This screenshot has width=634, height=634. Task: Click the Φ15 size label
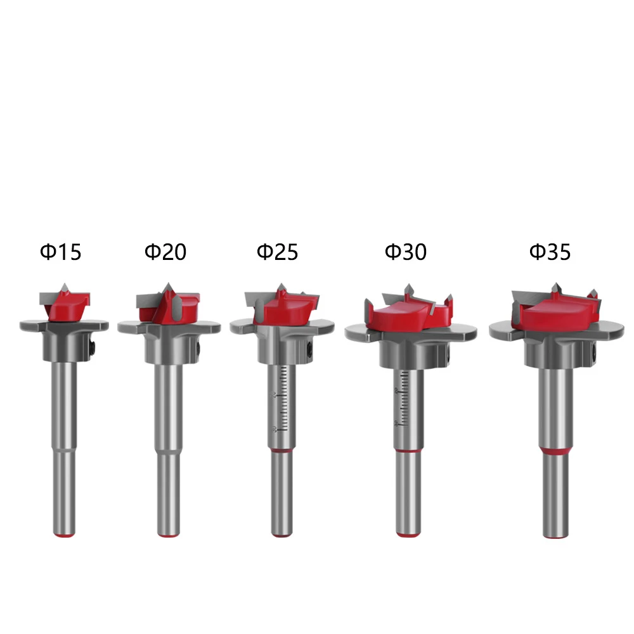click(x=61, y=252)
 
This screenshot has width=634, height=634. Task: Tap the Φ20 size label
click(x=165, y=252)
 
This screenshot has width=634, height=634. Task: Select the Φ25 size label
click(x=278, y=252)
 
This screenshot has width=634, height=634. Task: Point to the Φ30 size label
click(x=406, y=252)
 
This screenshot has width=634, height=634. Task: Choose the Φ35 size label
click(x=550, y=252)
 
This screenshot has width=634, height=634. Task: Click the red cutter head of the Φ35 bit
click(x=556, y=313)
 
